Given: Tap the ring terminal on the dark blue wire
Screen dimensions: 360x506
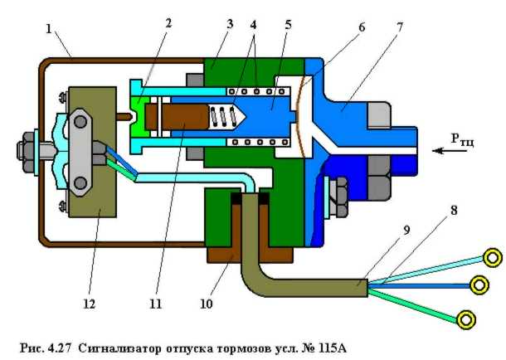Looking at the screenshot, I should point(479,285).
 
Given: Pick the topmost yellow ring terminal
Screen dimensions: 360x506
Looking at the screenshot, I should point(493,258).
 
